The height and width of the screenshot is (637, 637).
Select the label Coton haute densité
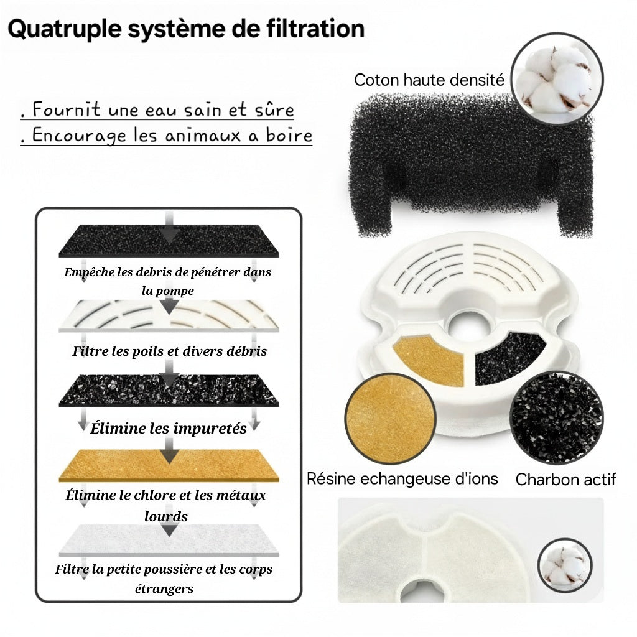tap(429, 80)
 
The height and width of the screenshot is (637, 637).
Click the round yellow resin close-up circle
tap(389, 417)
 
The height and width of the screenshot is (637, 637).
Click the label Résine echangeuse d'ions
tap(402, 478)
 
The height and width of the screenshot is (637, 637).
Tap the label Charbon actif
tap(565, 480)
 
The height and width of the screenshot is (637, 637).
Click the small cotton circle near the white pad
tap(565, 565)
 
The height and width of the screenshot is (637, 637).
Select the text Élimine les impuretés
tap(168, 428)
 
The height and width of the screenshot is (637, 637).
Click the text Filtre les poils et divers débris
tap(169, 351)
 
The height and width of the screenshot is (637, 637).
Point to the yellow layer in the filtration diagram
tap(169, 465)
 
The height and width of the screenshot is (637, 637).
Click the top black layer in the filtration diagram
tap(169, 241)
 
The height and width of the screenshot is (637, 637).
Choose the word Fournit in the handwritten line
tap(67, 110)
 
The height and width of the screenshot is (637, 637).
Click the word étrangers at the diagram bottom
tap(164, 588)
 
